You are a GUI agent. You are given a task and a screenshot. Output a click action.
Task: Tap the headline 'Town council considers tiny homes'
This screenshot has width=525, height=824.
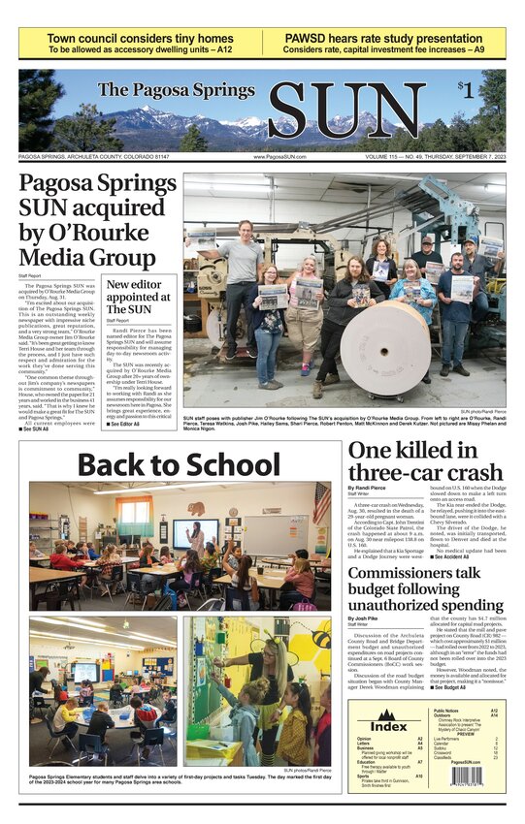(x=140, y=39)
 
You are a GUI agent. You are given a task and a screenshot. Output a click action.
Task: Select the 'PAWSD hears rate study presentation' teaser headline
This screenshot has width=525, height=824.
(x=383, y=39)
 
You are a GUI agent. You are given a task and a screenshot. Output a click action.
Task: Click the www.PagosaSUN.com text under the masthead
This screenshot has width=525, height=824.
(x=279, y=156)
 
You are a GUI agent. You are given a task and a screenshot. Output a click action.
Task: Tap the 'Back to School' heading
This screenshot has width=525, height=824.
(x=177, y=465)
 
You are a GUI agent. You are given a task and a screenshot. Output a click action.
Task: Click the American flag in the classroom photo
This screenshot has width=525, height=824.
(x=322, y=503)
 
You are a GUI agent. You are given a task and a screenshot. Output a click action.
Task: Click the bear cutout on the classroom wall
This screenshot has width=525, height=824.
(x=196, y=508)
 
